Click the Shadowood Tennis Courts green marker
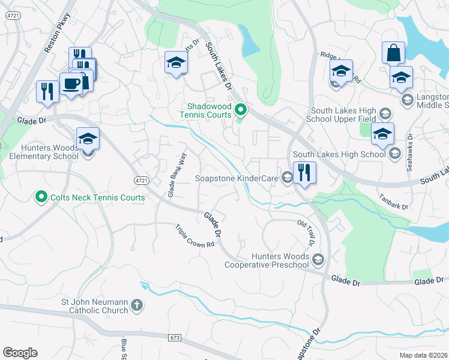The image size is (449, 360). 241,110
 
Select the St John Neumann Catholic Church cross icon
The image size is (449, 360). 137,305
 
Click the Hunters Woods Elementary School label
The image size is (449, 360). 40,152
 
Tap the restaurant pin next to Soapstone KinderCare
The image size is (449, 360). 304,173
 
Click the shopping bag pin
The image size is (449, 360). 393,53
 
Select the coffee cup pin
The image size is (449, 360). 71,84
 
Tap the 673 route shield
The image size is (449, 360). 175,338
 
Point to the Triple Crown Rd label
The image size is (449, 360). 195,236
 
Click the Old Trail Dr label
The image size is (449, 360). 306,233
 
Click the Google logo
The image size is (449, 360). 20,353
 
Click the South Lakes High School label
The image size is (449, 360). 339,155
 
